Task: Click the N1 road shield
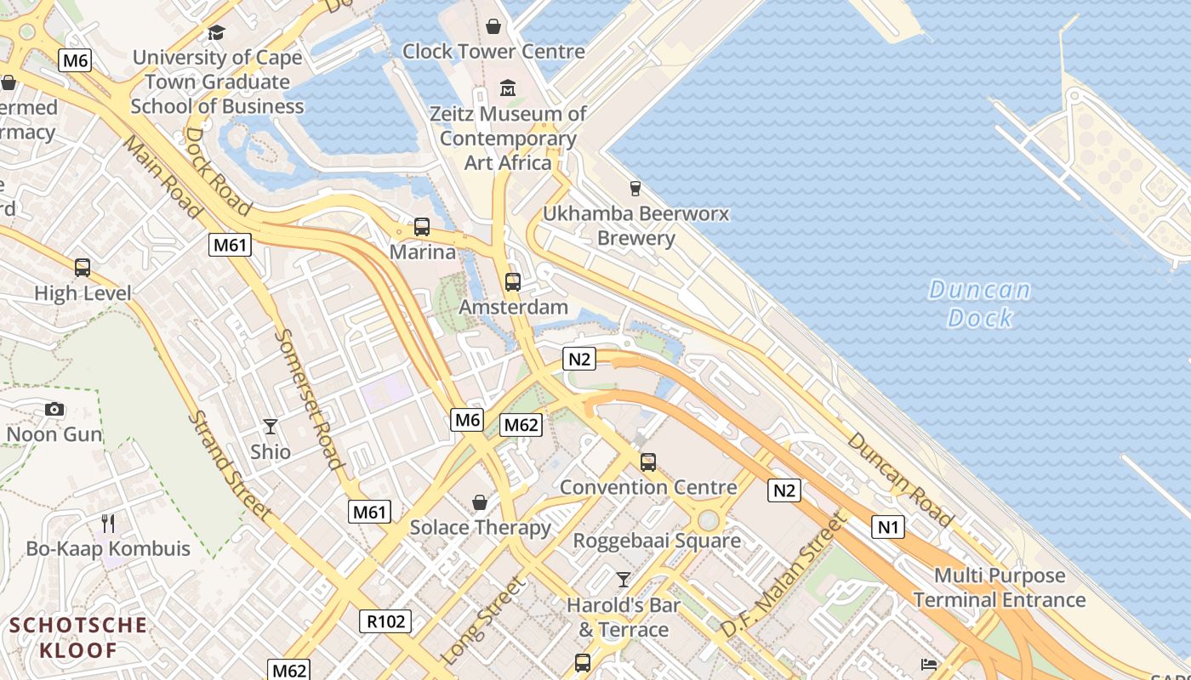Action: click(x=888, y=527)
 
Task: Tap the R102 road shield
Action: click(x=385, y=621)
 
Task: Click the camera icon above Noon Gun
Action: click(x=54, y=410)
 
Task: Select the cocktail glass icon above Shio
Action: click(x=271, y=426)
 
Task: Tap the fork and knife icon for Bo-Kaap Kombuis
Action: click(x=108, y=523)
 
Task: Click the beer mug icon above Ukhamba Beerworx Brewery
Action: click(x=635, y=188)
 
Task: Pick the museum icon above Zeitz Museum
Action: click(x=508, y=88)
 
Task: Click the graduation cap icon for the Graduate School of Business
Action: click(x=216, y=33)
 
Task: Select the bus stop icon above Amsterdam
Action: click(x=513, y=281)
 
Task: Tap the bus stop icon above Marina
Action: click(x=422, y=227)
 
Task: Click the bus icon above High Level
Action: click(x=83, y=268)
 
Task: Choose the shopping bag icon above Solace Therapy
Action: click(x=480, y=502)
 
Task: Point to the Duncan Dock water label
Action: click(x=980, y=303)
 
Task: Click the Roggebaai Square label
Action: click(x=657, y=541)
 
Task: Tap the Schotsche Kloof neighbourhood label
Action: click(x=78, y=638)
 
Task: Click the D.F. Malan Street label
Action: click(x=784, y=576)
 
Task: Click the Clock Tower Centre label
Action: click(x=493, y=52)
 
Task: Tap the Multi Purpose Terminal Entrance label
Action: click(x=1000, y=587)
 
